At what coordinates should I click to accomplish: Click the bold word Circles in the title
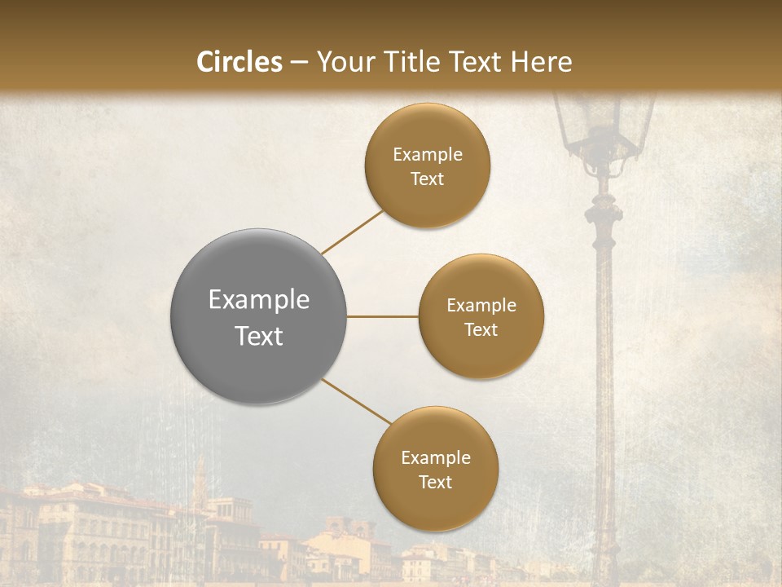(x=239, y=62)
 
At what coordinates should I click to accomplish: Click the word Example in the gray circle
(x=259, y=300)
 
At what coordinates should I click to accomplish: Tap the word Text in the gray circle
(x=259, y=336)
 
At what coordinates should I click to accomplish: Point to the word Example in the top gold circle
(x=428, y=155)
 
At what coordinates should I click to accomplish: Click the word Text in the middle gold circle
(x=481, y=330)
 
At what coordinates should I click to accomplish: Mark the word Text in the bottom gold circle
(x=436, y=483)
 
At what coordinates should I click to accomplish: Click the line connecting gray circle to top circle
(x=352, y=232)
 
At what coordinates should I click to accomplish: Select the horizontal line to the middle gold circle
(x=383, y=316)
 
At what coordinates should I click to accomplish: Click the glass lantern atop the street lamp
(x=603, y=126)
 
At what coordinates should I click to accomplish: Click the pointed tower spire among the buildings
(x=200, y=481)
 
